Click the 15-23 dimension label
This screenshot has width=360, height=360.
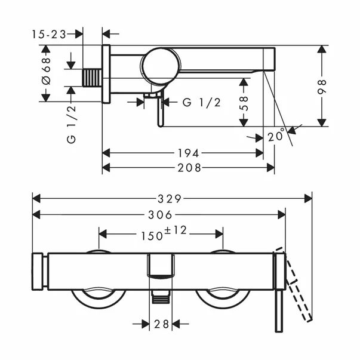[x=48, y=35]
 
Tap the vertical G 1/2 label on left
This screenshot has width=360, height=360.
[x=71, y=122]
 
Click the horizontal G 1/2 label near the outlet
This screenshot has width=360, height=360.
[x=201, y=102]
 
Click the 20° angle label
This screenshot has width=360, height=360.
[x=276, y=137]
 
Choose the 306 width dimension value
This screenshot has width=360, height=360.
[x=159, y=214]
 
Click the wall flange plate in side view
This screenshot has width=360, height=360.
[x=106, y=73]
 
